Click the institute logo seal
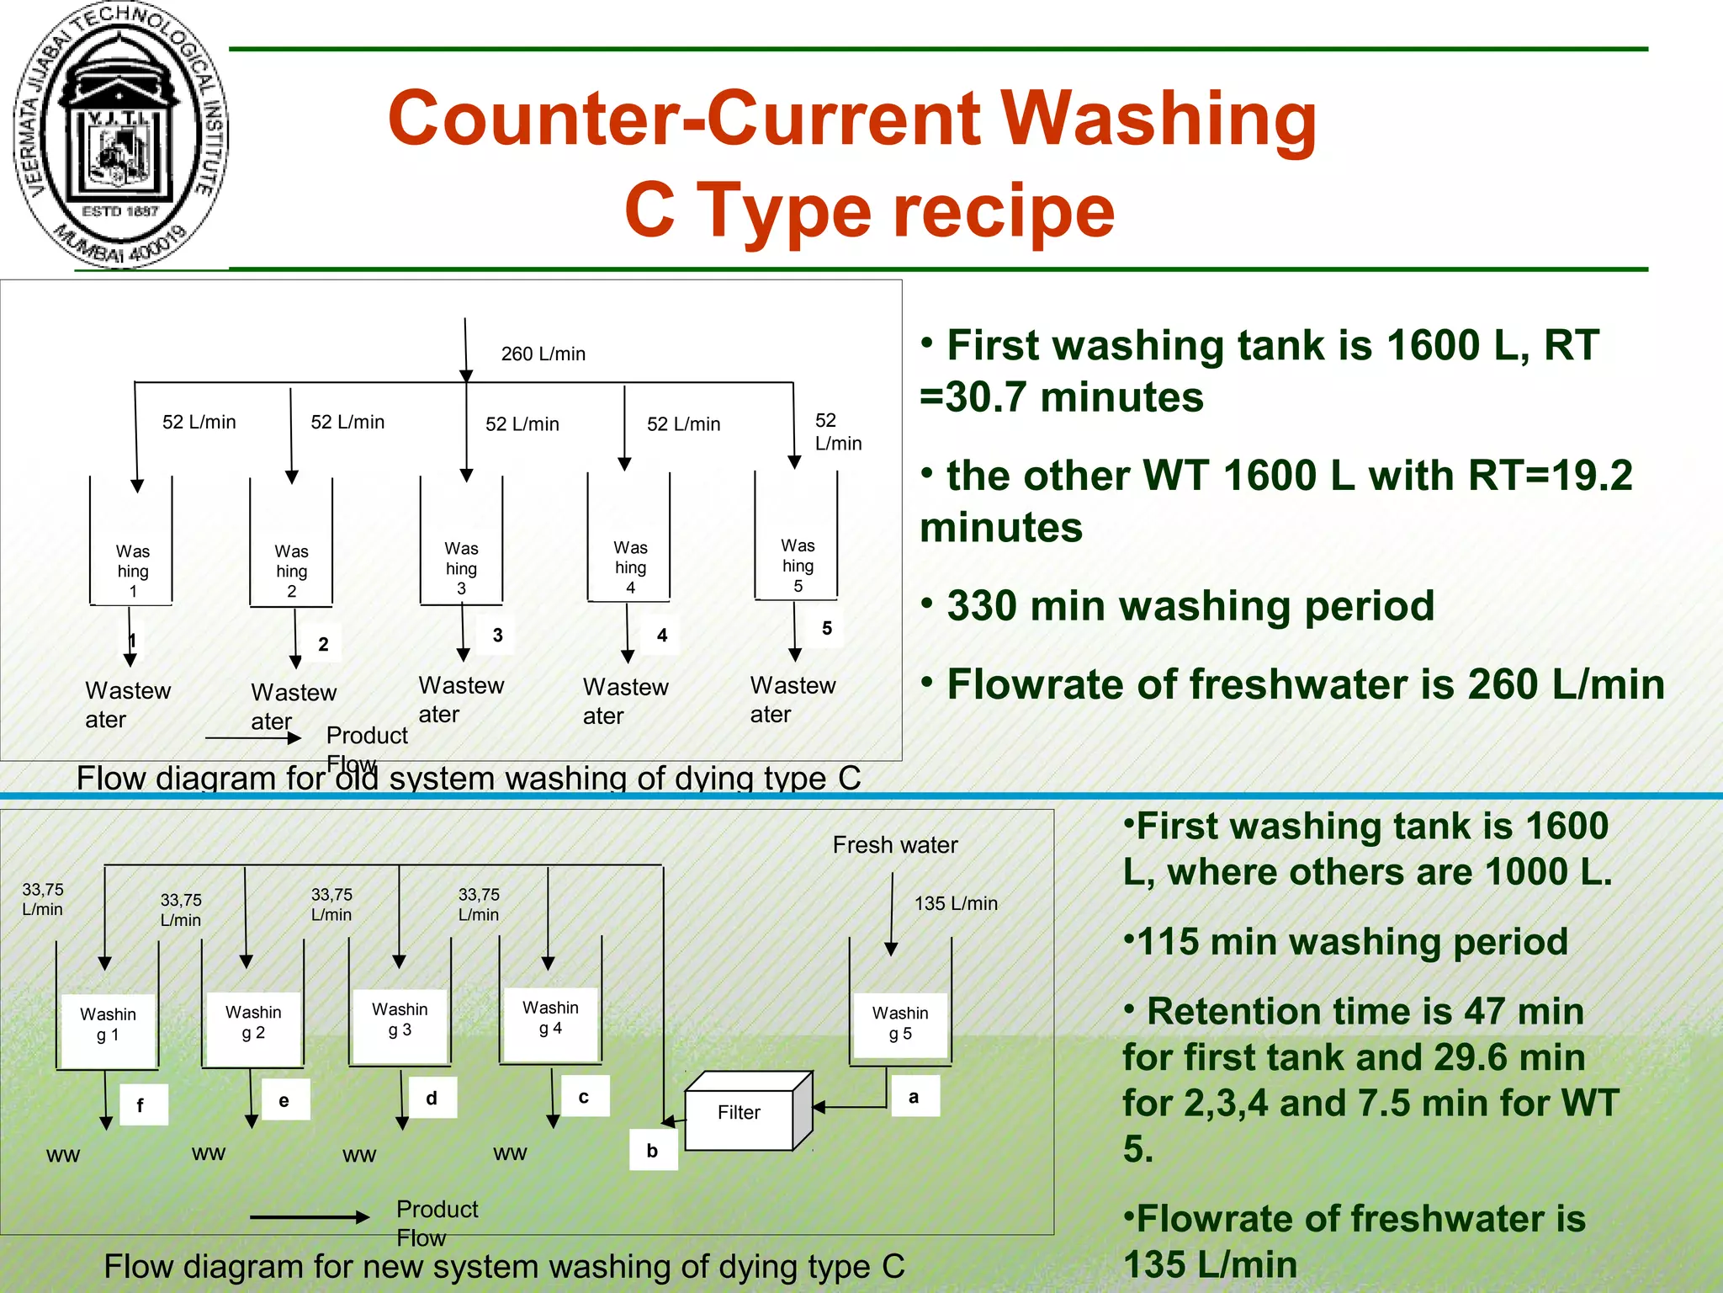point(120,135)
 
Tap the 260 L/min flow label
point(543,354)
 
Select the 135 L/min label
point(956,904)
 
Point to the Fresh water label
point(895,845)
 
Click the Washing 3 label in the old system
point(461,568)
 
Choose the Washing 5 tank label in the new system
point(900,1024)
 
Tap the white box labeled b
point(653,1151)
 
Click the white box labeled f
point(140,1105)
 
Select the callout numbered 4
point(662,636)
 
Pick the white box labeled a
point(914,1097)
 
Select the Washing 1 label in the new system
point(108,1024)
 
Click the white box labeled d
point(432,1099)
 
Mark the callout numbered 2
point(323,645)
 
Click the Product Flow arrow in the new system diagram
point(309,1217)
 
